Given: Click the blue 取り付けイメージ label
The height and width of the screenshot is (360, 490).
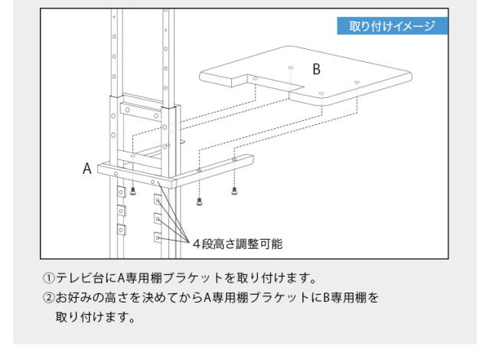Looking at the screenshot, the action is coord(392,25).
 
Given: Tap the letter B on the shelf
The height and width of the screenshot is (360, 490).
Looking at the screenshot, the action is coord(316,69).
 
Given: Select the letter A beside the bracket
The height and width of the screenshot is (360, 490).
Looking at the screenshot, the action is coord(87,169).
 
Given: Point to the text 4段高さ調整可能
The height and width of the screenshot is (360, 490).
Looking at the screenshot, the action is coord(237,244).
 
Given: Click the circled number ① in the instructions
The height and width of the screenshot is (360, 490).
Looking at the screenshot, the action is coord(49,278).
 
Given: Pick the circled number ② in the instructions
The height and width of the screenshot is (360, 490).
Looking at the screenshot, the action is coord(49,297).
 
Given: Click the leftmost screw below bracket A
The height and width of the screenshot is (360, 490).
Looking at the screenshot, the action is coord(132,191).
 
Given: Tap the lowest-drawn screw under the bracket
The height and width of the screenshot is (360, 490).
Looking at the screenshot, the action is coord(199,201).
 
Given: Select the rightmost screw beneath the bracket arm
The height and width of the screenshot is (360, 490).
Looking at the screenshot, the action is coord(234,191).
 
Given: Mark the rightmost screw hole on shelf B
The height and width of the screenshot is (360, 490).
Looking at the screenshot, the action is coord(357,82).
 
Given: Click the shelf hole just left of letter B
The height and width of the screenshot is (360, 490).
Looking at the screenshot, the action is coord(291,67).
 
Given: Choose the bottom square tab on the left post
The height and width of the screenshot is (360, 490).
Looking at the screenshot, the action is coord(121,230).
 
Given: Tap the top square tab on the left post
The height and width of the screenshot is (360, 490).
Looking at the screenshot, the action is coord(121,192).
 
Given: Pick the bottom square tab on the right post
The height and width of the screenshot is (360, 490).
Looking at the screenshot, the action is coord(158,237).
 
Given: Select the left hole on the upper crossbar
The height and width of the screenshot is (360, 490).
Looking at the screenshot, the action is coord(128,110).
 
